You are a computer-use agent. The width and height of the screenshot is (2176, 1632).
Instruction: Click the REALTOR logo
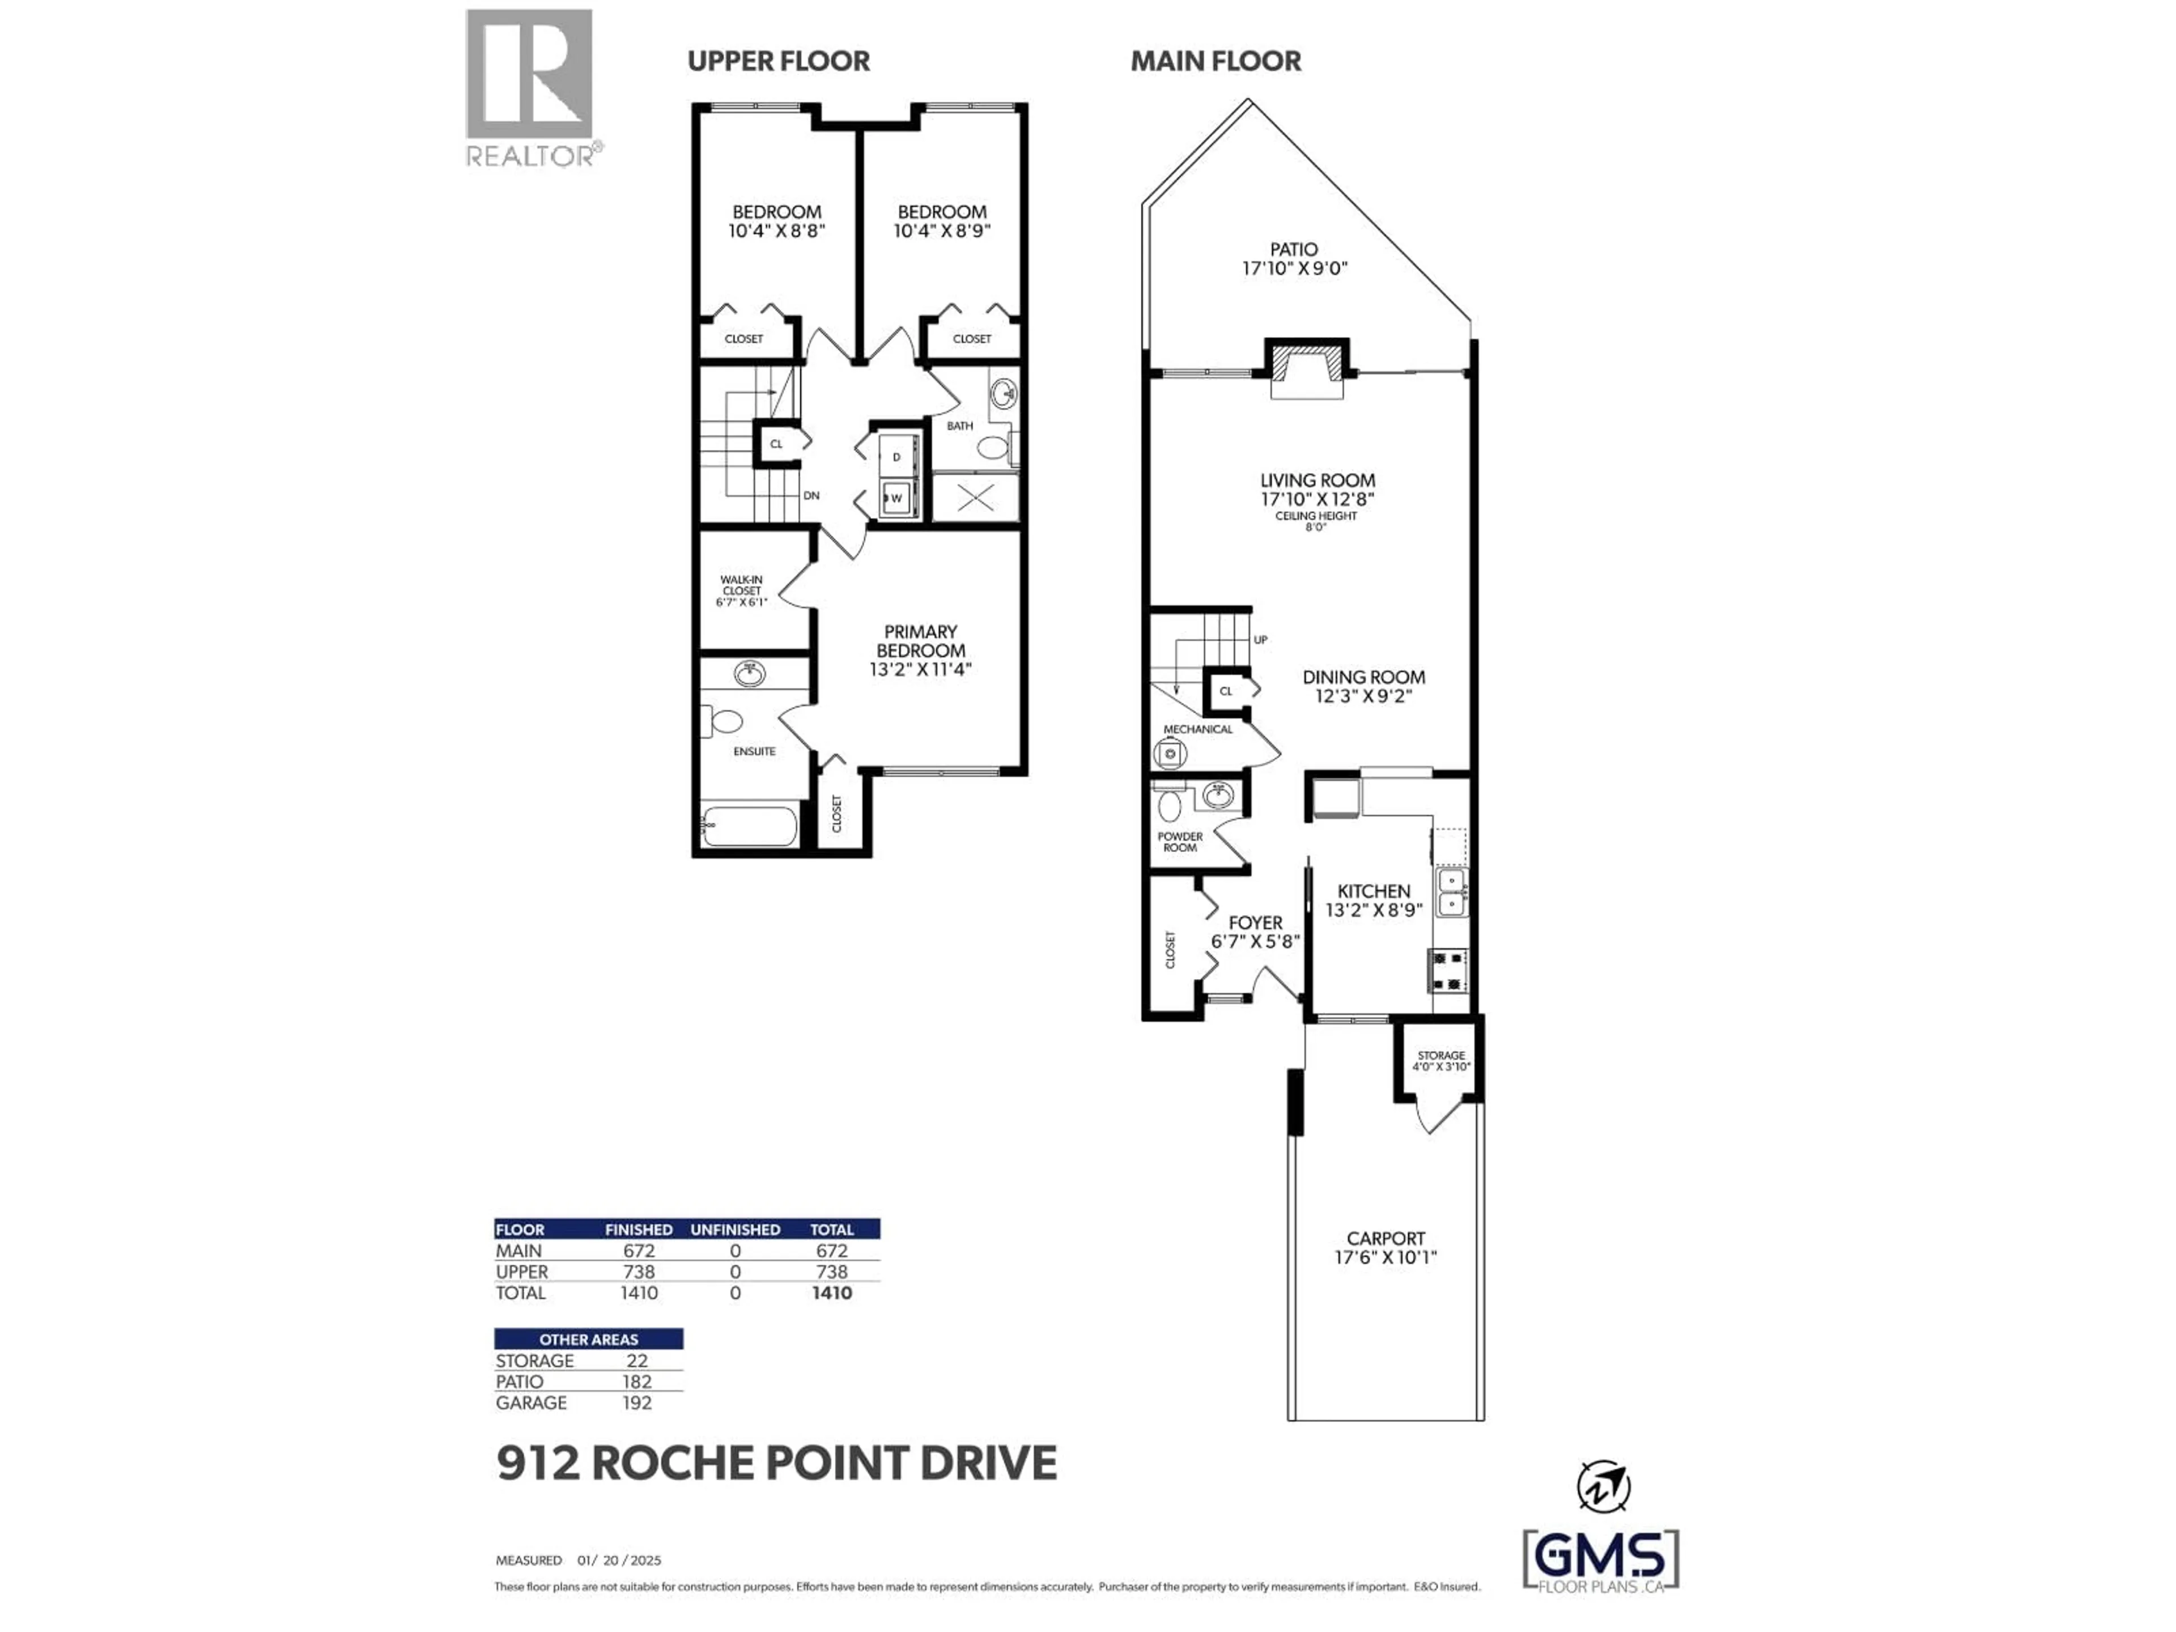(x=529, y=87)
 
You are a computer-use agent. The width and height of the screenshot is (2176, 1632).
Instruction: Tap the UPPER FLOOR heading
(x=778, y=61)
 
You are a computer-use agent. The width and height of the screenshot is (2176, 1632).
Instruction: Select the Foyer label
(x=1255, y=923)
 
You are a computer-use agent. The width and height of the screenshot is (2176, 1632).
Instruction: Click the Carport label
(x=1385, y=1239)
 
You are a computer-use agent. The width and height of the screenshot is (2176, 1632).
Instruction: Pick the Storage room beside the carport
(x=1440, y=1060)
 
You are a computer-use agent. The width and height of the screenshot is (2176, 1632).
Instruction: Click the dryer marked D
(x=896, y=456)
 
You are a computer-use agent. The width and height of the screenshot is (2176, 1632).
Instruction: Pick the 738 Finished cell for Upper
(x=639, y=1272)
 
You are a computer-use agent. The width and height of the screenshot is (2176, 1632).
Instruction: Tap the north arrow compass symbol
(x=1604, y=1485)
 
